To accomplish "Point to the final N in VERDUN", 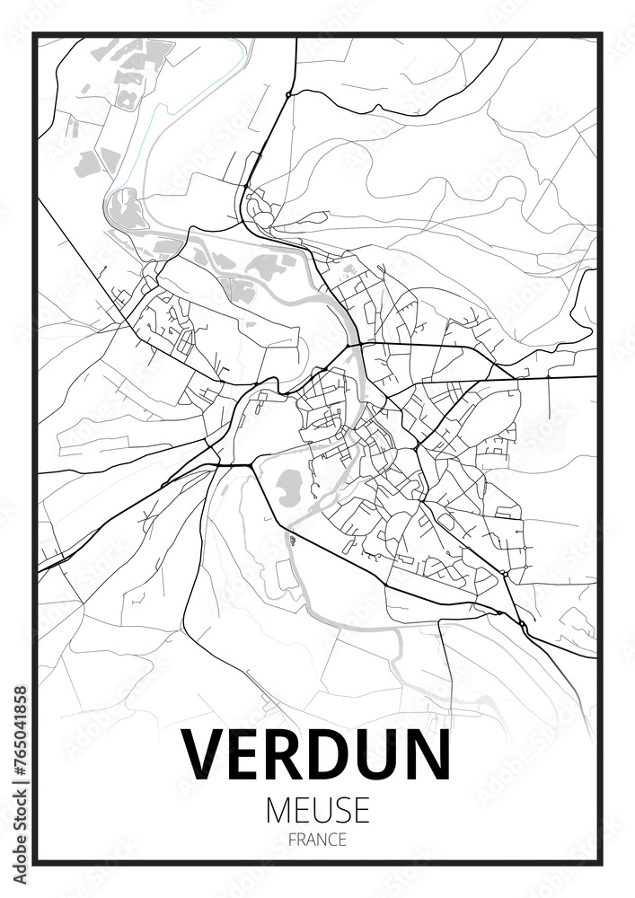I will coord(425,755).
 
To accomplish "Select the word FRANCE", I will coord(317,841).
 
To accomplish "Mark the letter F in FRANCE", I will coord(292,841).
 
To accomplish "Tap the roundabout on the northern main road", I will coord(287,93).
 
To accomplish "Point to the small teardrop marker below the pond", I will coord(292,539).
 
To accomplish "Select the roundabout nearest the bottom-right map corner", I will coord(521,622).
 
